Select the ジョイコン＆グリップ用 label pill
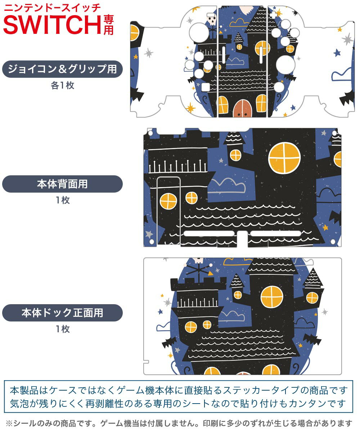click(62, 69)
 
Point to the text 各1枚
click(62, 86)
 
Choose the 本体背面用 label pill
click(62, 184)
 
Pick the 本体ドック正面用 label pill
click(62, 313)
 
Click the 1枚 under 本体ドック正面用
click(62, 329)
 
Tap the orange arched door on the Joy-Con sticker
click(242, 108)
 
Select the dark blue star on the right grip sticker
click(337, 53)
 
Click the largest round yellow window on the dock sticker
click(272, 297)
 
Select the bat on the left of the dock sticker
click(168, 342)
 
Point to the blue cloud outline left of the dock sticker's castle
click(164, 327)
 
